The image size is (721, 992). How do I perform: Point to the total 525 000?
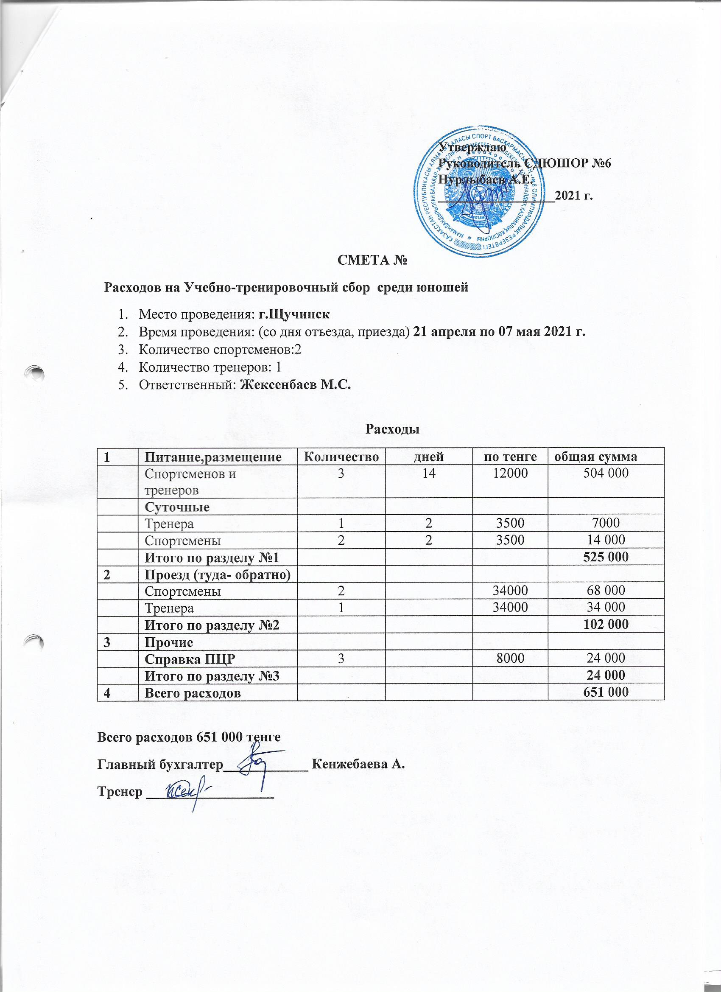pos(606,557)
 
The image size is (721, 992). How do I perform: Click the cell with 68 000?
pos(606,591)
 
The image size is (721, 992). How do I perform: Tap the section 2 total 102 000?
pos(606,624)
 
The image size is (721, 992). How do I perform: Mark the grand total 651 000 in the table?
pos(606,692)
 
